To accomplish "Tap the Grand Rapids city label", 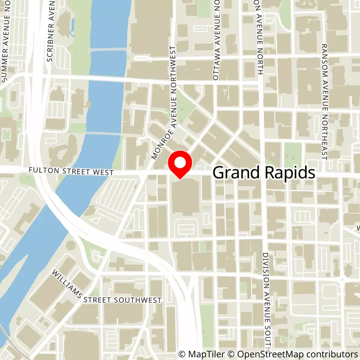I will (x=263, y=173).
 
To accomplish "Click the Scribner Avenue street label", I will (x=50, y=31).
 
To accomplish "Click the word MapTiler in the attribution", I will (x=202, y=354).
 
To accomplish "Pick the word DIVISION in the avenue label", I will (x=266, y=268).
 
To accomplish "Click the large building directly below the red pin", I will (x=185, y=198).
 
